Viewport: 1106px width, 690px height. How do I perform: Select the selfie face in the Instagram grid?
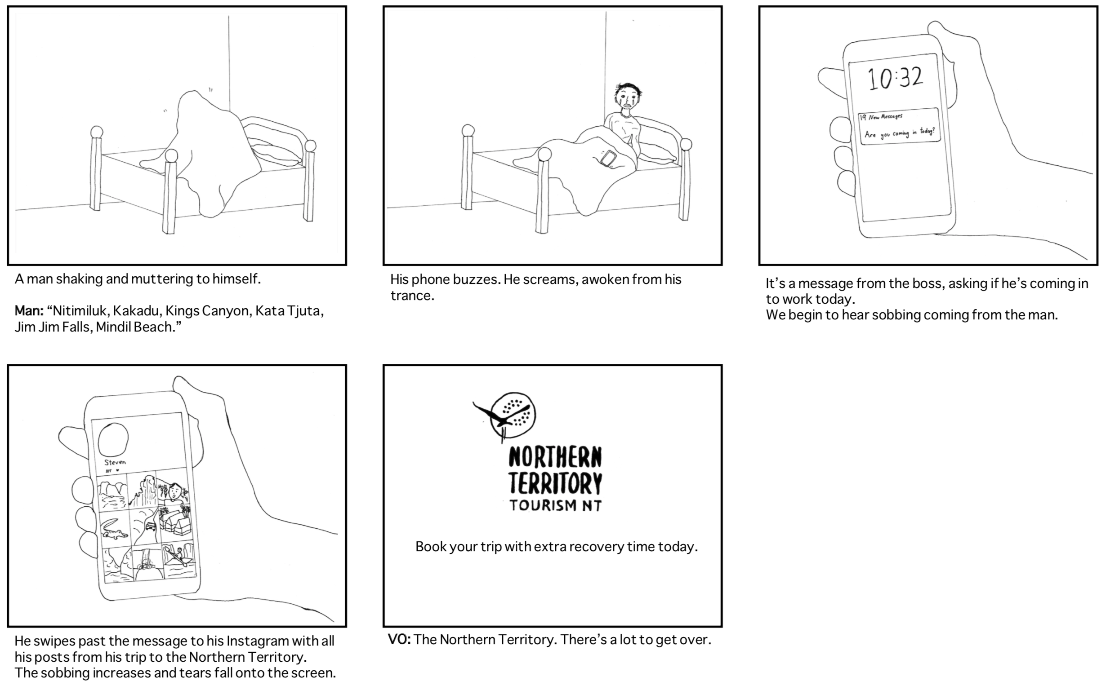coord(174,493)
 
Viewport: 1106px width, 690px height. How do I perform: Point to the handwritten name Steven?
coord(115,462)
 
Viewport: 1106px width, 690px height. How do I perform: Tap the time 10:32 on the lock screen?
coord(895,79)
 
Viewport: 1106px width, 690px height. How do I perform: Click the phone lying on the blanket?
coord(608,159)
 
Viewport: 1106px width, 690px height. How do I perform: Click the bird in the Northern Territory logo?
coord(500,415)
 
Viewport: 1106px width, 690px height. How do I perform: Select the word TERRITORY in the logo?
coord(555,484)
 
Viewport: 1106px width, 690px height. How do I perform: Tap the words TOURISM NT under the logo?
coord(555,506)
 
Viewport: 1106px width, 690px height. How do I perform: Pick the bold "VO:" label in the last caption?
coord(399,640)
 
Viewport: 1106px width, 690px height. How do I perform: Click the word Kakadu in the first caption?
coord(136,311)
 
